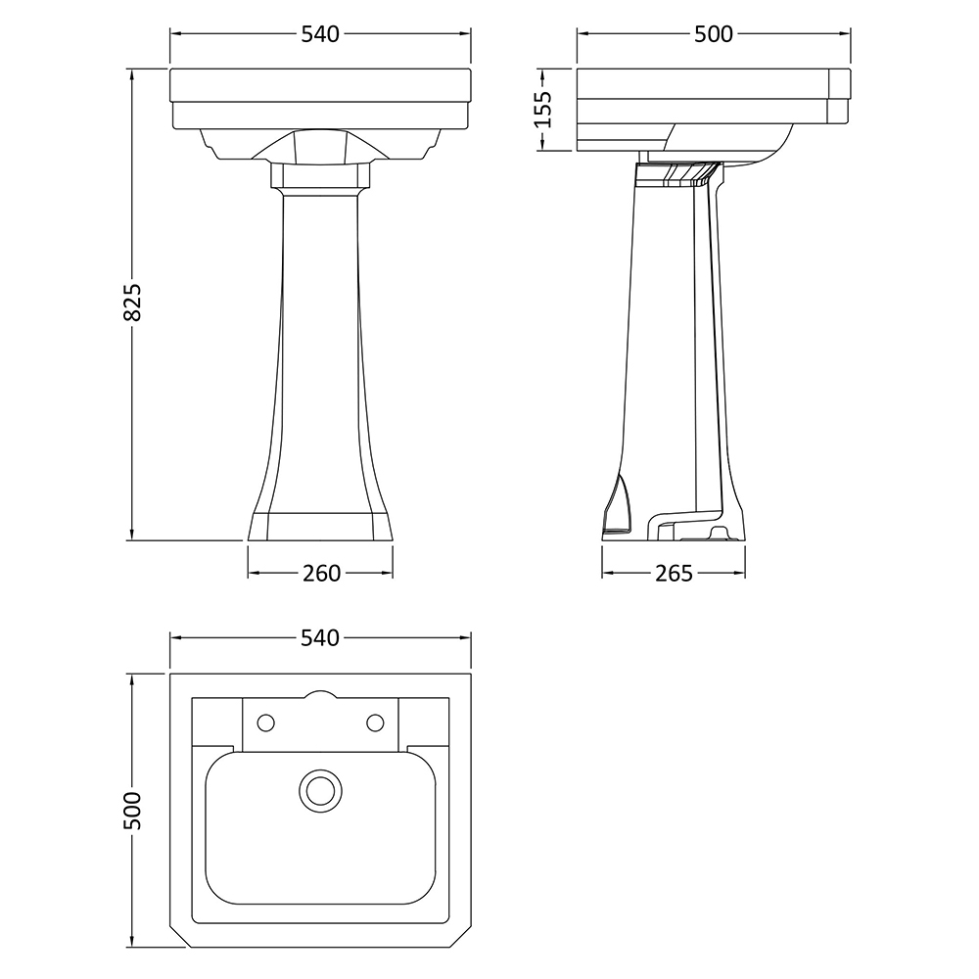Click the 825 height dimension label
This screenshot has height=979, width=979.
[x=133, y=303]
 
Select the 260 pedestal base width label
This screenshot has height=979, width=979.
[x=321, y=573]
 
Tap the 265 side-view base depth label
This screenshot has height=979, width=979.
[x=674, y=573]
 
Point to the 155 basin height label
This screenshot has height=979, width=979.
[x=543, y=110]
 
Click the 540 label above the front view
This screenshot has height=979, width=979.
[x=320, y=34]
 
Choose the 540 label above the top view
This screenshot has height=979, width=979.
[x=320, y=637]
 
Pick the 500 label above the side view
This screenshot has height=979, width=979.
[x=714, y=34]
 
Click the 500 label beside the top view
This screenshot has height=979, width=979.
[x=133, y=811]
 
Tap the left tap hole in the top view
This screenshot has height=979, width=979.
[x=266, y=723]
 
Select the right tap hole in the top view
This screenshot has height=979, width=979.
[x=375, y=723]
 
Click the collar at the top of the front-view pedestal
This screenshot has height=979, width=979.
[x=320, y=175]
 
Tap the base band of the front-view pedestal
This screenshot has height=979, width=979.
[x=320, y=527]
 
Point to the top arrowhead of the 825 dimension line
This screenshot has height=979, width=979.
[x=132, y=75]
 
